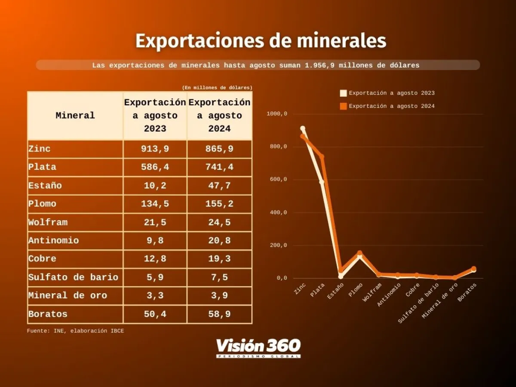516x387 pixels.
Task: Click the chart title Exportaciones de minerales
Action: point(261,41)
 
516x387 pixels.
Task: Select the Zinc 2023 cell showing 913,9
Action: point(155,149)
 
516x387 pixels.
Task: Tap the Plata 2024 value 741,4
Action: point(219,167)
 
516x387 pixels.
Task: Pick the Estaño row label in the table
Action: point(45,186)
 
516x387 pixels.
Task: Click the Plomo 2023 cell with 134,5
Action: point(155,204)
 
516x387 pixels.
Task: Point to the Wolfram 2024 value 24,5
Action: point(219,222)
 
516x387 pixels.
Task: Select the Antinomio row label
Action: point(54,241)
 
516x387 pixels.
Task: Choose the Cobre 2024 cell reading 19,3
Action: point(219,259)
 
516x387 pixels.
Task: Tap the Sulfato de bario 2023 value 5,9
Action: point(155,277)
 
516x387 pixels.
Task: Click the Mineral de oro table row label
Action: point(68,296)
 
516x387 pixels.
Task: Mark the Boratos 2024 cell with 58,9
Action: point(219,314)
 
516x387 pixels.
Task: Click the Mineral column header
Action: point(75,116)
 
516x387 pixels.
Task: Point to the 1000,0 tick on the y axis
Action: point(276,114)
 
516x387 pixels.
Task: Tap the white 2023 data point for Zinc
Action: point(303,129)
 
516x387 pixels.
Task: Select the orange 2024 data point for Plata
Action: point(322,157)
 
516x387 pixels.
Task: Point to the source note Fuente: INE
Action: point(75,331)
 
